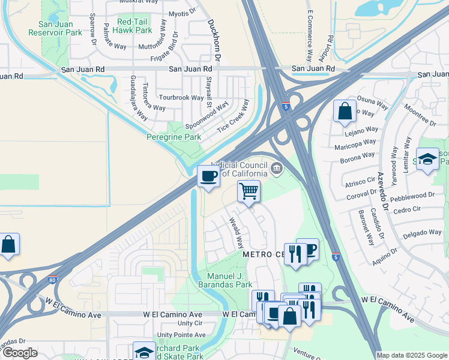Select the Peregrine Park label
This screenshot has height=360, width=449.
pos(174,137)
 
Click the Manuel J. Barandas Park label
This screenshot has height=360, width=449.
pos(225,280)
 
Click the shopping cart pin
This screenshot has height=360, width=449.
pos(249,192)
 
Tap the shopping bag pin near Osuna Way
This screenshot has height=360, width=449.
pos(345,111)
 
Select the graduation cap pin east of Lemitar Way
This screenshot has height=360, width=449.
pos(427,159)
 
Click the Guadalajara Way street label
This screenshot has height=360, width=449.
pos(139,98)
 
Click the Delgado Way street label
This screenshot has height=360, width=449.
pos(422,233)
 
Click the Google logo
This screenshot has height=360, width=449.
pos(19,353)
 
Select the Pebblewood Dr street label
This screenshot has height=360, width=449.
pos(412,196)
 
